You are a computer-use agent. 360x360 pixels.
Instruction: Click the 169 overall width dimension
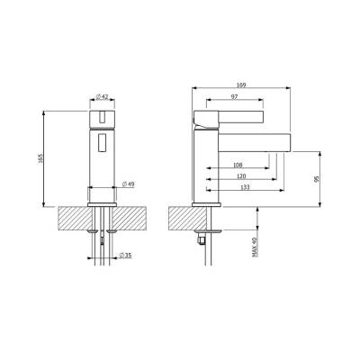(x=241, y=85)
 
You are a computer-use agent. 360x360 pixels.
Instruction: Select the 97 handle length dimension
(x=235, y=96)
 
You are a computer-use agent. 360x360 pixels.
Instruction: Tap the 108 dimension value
(x=238, y=165)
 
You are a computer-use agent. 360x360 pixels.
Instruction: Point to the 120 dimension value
(x=241, y=176)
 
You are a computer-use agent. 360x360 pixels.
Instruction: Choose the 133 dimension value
(x=245, y=187)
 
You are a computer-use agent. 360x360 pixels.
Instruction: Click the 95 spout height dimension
(x=315, y=179)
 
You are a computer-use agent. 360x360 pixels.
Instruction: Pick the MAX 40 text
(x=255, y=247)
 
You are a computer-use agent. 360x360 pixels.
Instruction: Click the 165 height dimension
(x=41, y=158)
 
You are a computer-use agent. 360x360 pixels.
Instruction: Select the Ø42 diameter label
(x=102, y=96)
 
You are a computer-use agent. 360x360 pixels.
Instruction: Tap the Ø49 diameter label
(x=129, y=184)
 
